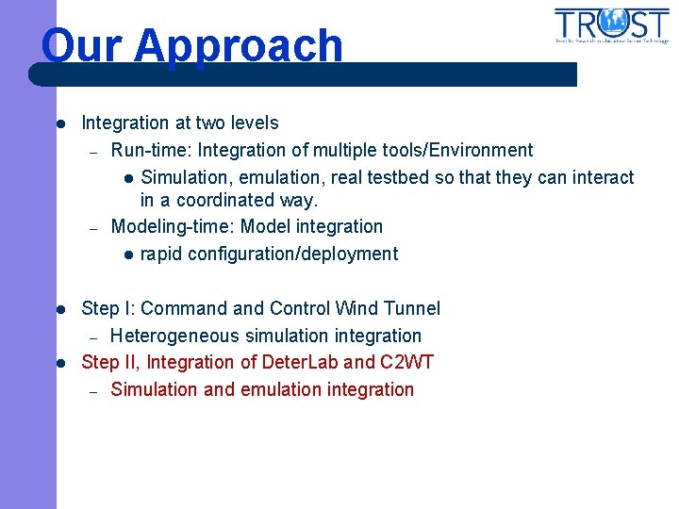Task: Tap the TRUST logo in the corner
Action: [x=610, y=25]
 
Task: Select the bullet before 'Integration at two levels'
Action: [x=58, y=123]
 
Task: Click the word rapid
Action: [x=162, y=254]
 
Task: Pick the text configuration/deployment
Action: [x=292, y=254]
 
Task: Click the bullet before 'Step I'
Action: [x=58, y=309]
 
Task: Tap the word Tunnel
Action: [x=413, y=308]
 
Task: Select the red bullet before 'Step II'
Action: [x=58, y=363]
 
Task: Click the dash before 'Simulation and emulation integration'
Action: [x=93, y=390]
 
